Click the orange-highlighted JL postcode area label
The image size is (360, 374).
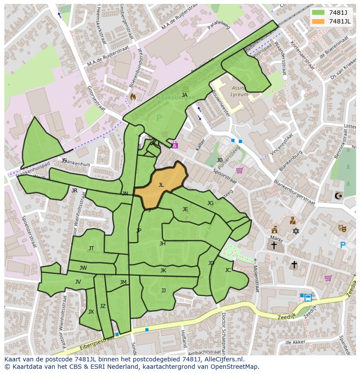(x=161, y=185)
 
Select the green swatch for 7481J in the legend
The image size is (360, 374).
(x=318, y=12)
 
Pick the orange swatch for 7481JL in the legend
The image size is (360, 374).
(x=318, y=21)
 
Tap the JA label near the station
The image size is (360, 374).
(x=185, y=95)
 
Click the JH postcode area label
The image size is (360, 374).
(x=162, y=244)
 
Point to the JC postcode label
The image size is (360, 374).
(x=228, y=270)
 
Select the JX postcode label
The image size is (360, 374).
(x=91, y=312)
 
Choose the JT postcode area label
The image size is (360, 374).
(x=91, y=248)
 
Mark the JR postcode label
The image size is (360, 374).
(x=74, y=191)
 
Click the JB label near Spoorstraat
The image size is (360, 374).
(x=220, y=160)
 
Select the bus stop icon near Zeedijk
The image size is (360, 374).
(x=308, y=298)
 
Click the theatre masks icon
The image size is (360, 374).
(x=342, y=228)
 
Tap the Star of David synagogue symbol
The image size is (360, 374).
(x=296, y=231)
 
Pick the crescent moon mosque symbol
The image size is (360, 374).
(x=338, y=196)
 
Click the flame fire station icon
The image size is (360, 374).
(x=133, y=96)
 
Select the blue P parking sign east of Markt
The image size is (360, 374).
(x=343, y=245)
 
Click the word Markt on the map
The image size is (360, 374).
(x=276, y=238)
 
